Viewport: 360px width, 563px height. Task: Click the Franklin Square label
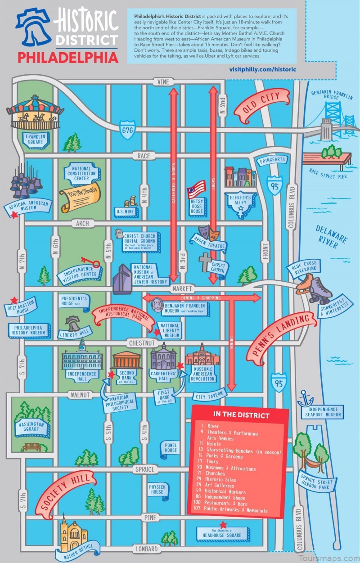pos(34,139)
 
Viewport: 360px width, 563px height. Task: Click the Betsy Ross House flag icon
pos(196,189)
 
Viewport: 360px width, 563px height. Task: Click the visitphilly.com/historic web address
pos(263,69)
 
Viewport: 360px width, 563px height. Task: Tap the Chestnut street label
pos(141,343)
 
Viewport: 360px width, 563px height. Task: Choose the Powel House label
pos(171,447)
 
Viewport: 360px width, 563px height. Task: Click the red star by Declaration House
pos(14,300)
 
